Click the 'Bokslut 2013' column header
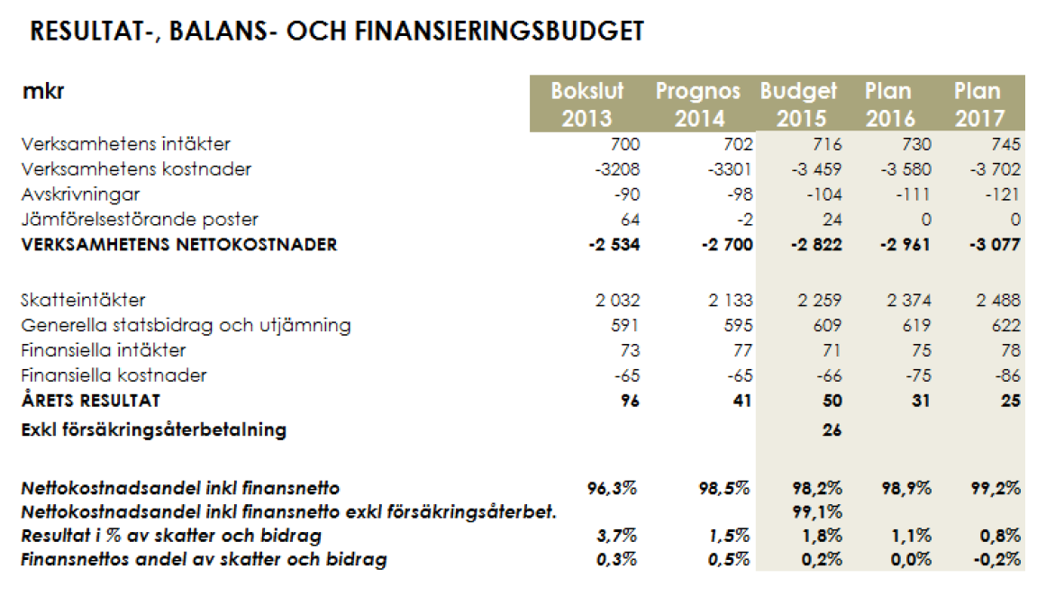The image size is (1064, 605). click(587, 104)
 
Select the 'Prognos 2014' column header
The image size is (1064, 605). click(698, 104)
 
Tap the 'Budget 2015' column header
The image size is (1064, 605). click(799, 104)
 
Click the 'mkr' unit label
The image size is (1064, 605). click(42, 91)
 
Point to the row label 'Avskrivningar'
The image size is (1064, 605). click(80, 194)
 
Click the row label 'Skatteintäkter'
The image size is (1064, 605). click(83, 300)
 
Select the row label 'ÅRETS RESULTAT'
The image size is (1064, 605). click(91, 401)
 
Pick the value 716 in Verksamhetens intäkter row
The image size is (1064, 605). click(827, 144)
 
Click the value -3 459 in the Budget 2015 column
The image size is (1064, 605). click(816, 169)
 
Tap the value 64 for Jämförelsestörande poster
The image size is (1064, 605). click(631, 220)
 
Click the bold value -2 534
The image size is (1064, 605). click(614, 245)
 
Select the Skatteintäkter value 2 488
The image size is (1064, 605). click(998, 301)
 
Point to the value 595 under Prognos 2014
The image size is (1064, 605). click(738, 326)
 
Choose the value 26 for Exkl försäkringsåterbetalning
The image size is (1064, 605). click(832, 430)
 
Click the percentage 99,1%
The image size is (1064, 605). click(818, 512)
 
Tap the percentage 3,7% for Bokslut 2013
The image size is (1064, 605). click(617, 536)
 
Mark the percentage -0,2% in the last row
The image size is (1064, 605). click(996, 560)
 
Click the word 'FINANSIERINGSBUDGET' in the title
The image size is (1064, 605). click(499, 32)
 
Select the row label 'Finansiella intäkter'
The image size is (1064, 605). click(103, 350)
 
